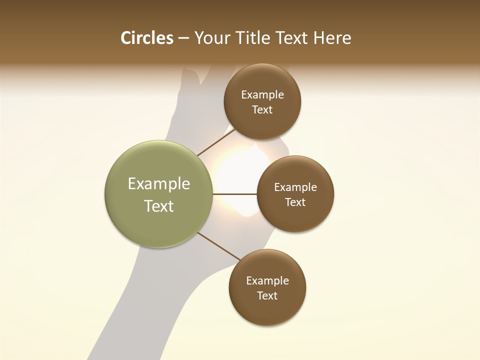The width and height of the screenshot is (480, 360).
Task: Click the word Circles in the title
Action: tap(146, 38)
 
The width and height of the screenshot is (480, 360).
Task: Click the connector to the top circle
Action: tap(216, 142)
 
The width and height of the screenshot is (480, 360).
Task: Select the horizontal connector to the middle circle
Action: tap(234, 194)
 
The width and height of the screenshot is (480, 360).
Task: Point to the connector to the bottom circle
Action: tap(218, 246)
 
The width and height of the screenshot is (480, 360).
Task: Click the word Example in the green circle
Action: tap(159, 184)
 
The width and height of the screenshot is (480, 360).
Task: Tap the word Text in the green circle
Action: tap(159, 206)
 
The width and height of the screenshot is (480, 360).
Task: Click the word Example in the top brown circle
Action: tap(262, 95)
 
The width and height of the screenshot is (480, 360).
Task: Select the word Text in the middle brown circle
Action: tap(295, 202)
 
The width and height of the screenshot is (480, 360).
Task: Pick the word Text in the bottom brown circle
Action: tap(267, 295)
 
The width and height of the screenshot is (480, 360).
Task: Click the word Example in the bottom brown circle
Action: tap(267, 280)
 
